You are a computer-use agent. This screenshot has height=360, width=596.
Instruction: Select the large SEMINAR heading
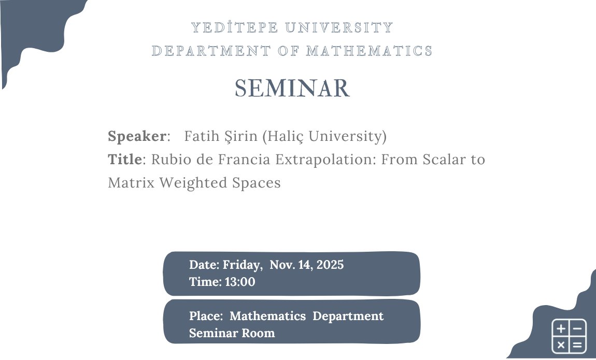pyautogui.click(x=293, y=89)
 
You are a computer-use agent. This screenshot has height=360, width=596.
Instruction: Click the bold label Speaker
pyautogui.click(x=137, y=136)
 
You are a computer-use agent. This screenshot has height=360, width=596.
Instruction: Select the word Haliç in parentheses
pyautogui.click(x=286, y=136)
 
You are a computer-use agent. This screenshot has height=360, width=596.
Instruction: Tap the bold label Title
pyautogui.click(x=124, y=160)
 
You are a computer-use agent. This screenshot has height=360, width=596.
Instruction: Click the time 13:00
pyautogui.click(x=240, y=282)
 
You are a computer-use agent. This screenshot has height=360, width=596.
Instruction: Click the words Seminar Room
pyautogui.click(x=232, y=333)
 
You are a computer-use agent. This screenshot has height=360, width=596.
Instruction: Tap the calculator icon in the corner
pyautogui.click(x=569, y=336)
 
